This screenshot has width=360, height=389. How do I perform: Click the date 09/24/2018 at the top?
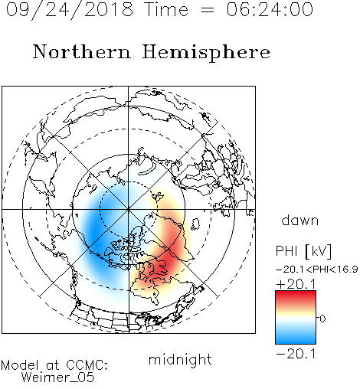coord(70,10)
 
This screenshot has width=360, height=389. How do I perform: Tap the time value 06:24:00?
coord(270,9)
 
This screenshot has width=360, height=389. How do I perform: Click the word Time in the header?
coord(166,9)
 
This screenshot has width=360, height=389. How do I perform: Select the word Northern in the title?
coord(82,51)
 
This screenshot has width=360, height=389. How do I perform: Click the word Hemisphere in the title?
coord(206,52)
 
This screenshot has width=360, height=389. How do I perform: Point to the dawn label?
coord(300,220)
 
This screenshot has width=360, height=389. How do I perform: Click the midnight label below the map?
coord(180,360)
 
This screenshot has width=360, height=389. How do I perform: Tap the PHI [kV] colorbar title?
coord(303,251)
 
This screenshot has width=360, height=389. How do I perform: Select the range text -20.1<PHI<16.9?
coord(316,270)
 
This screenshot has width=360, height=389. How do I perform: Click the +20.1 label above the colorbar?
coord(296,284)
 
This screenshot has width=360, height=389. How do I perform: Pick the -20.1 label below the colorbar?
coord(296,354)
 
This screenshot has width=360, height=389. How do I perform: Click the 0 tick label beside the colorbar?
coord(322,319)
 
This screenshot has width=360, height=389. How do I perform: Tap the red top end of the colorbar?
coord(296,293)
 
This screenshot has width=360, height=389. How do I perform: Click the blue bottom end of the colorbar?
coord(296,342)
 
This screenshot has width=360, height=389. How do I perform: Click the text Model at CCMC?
coord(54,365)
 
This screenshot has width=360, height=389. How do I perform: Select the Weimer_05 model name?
coord(58,378)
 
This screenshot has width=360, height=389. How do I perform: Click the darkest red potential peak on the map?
coord(162,264)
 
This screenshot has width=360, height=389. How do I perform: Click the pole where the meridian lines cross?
coord(129,209)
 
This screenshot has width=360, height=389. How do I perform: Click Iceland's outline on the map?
coord(195,224)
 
